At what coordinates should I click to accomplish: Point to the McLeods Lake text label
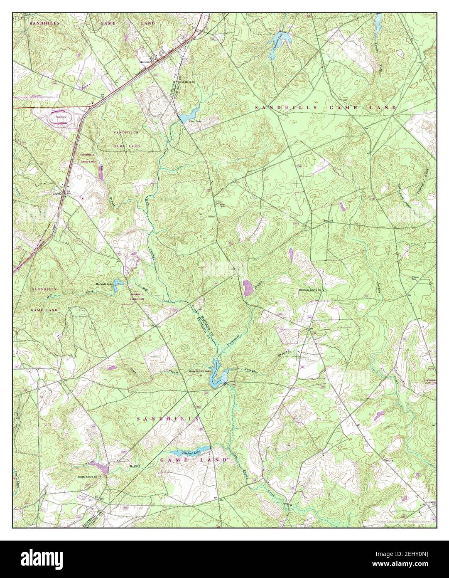104,284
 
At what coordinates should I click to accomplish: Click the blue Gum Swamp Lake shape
217,375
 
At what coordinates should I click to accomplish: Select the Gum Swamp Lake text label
200,371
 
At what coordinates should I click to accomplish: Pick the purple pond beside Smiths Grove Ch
103,469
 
